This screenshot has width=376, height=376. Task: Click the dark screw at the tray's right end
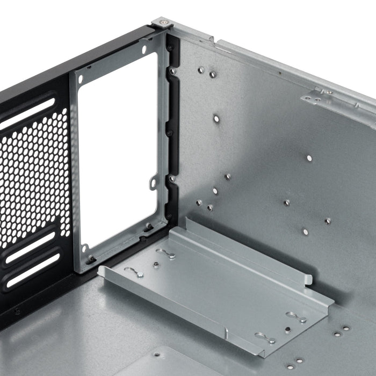pyautogui.click(x=288, y=330)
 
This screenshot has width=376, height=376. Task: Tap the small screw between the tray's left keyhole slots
pyautogui.click(x=155, y=264)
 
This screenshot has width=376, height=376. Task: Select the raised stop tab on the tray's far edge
pyautogui.click(x=307, y=279)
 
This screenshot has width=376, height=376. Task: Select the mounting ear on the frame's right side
pyautogui.click(x=154, y=183)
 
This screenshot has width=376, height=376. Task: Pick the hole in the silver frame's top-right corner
pyautogui.click(x=144, y=49)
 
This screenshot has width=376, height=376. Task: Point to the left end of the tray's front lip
pyautogui.click(x=102, y=271)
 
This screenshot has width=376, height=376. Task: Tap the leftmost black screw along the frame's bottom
pyautogui.click(x=92, y=259)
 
